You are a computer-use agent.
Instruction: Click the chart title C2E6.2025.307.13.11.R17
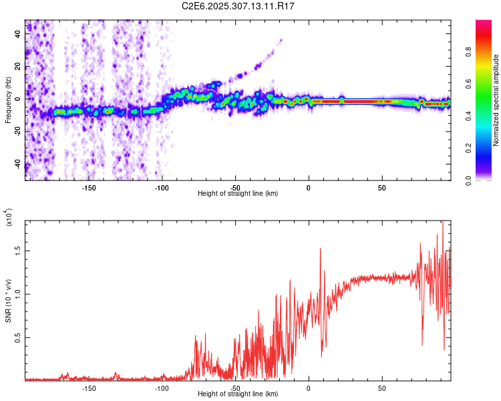pyautogui.click(x=238, y=6)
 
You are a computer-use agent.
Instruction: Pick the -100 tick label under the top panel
pyautogui.click(x=162, y=188)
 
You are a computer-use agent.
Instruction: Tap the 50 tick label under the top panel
pyautogui.click(x=381, y=188)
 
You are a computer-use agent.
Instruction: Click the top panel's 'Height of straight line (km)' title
pyautogui.click(x=238, y=194)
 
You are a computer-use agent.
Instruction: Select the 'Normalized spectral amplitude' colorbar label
pyautogui.click(x=496, y=100)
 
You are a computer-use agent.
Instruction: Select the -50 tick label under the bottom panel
pyautogui.click(x=235, y=388)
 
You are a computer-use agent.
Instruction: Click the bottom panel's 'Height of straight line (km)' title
pyautogui.click(x=238, y=394)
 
